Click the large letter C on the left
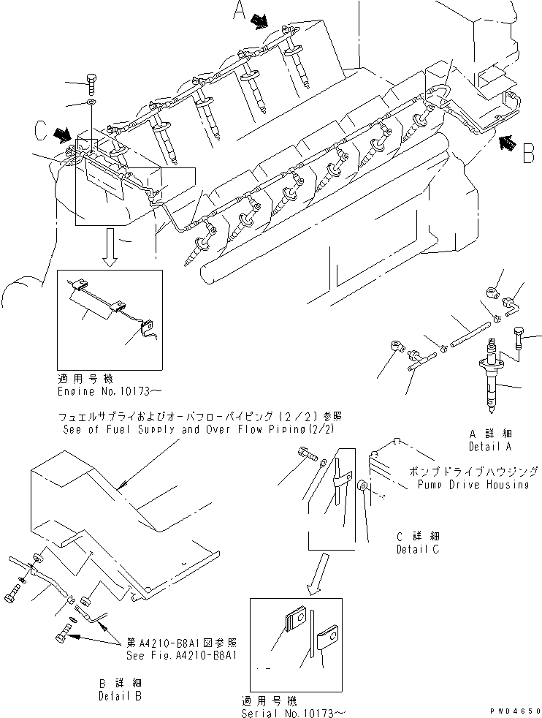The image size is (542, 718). click(42, 131)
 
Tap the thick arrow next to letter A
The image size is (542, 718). click(259, 23)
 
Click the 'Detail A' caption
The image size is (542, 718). click(489, 446)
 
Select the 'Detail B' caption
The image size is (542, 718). click(120, 696)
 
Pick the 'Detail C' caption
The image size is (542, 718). click(417, 549)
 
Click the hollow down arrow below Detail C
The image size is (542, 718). click(316, 574)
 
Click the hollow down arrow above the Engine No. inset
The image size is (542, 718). click(110, 249)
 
